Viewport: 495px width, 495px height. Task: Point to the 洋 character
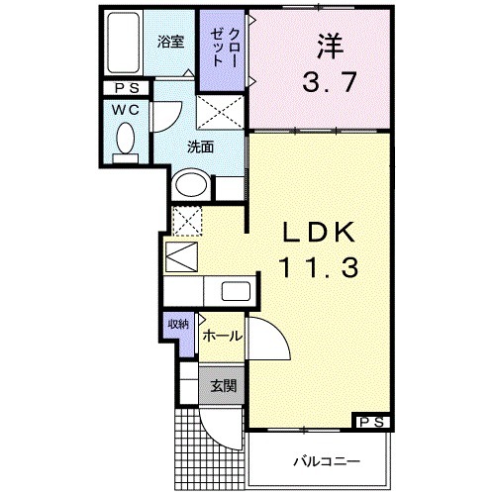(x=331, y=45)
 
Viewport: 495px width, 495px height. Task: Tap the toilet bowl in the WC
(x=125, y=145)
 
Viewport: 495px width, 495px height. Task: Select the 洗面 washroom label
(x=202, y=148)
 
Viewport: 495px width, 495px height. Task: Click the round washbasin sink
(x=190, y=185)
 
